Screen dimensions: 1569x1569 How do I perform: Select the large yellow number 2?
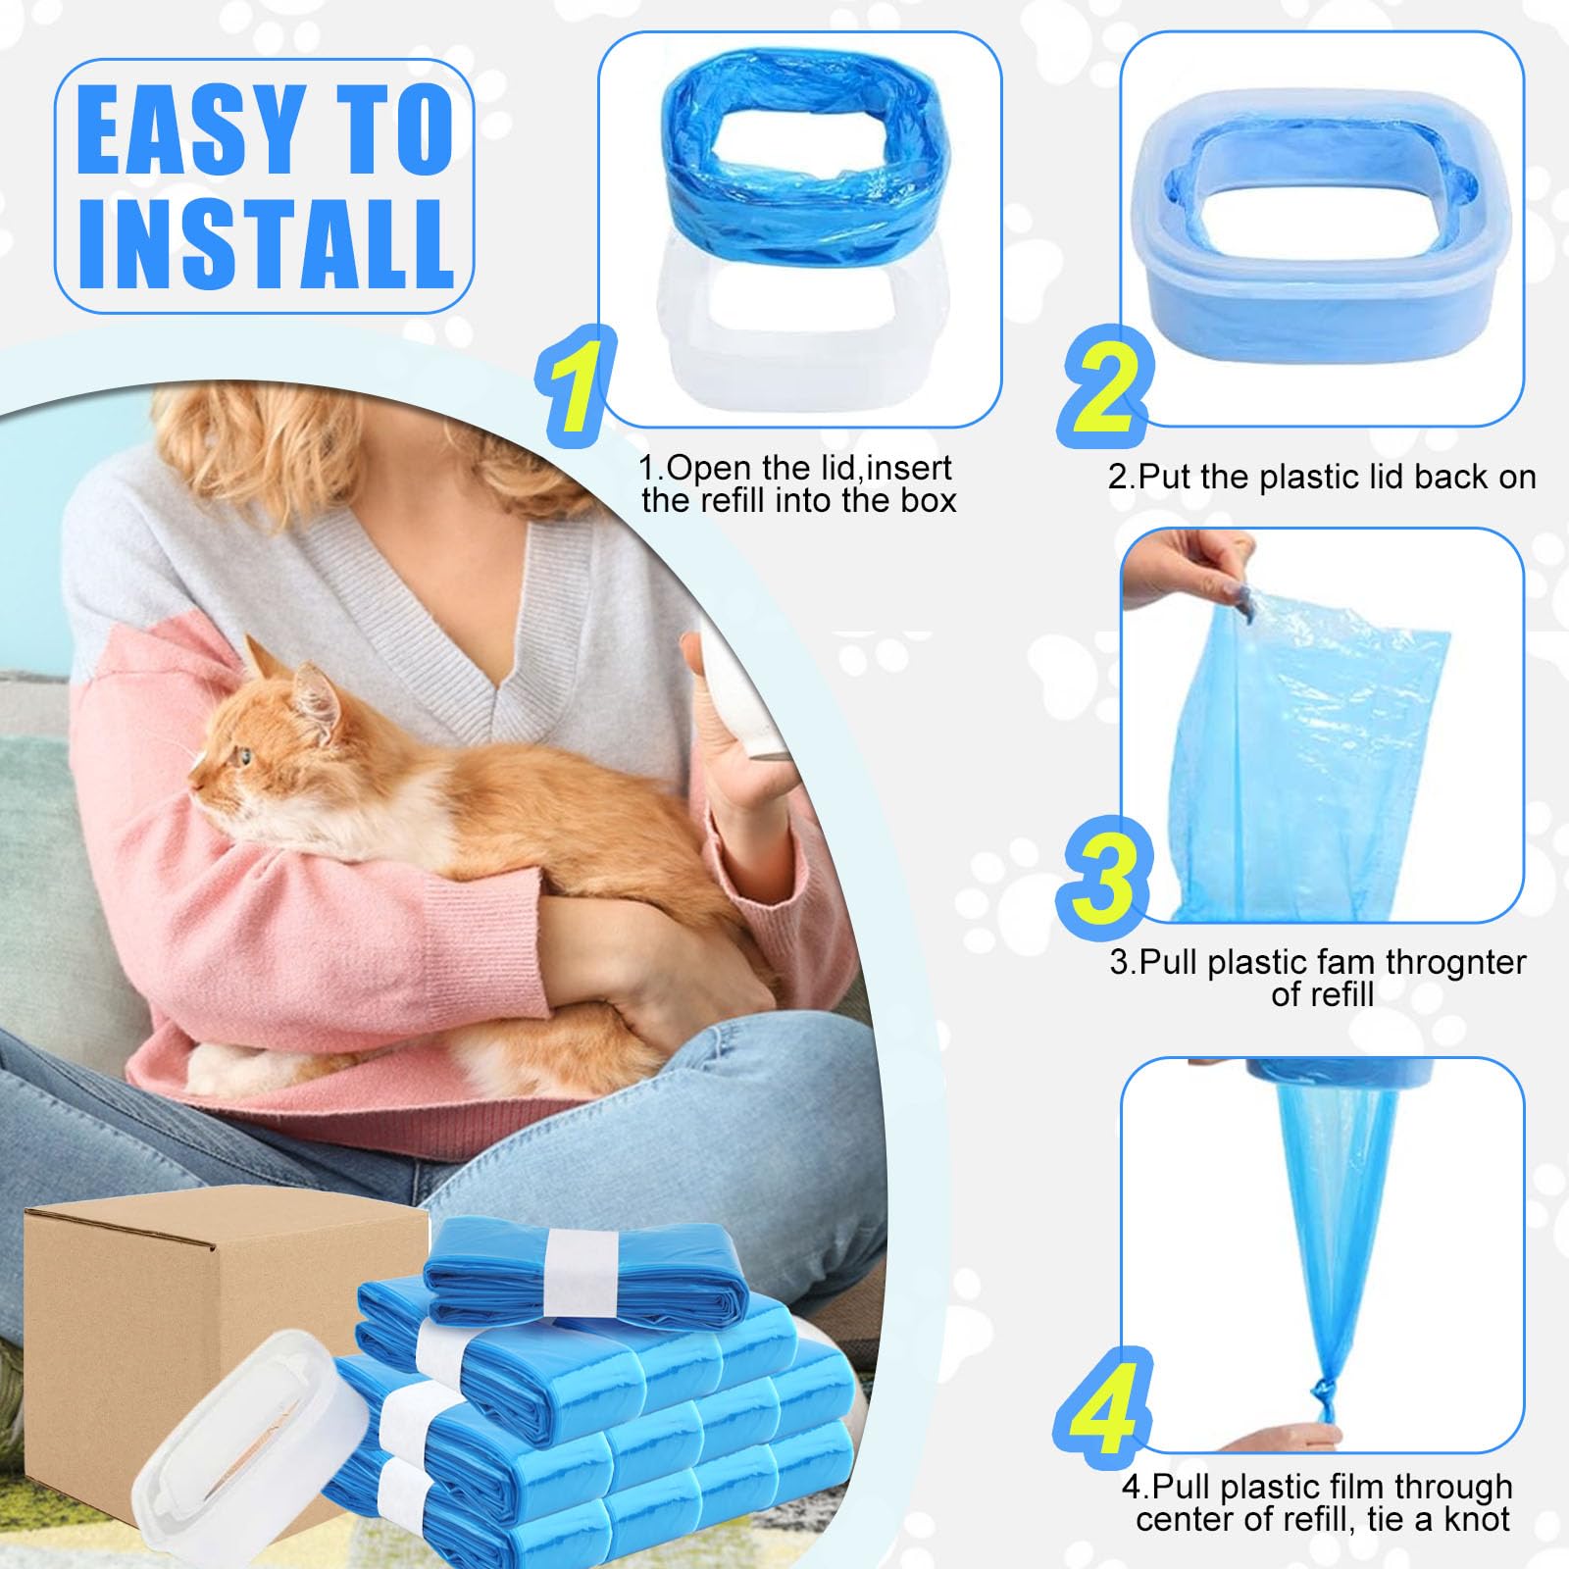point(1106,385)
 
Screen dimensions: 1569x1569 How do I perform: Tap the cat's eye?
point(242,756)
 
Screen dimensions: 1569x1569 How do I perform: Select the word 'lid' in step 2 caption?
point(1381,478)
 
